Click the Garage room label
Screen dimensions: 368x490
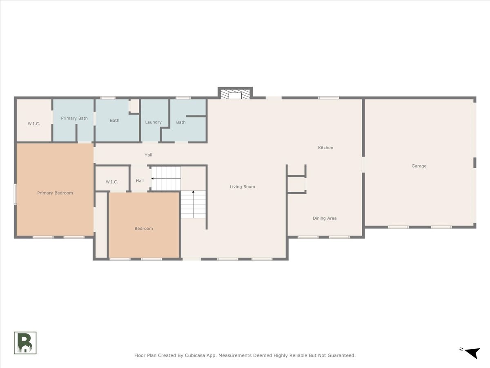[x=419, y=166]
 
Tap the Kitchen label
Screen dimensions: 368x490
[x=325, y=148]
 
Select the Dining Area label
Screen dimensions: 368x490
[x=325, y=218]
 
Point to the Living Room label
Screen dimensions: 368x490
[x=242, y=187]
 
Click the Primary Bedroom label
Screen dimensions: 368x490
[x=55, y=193]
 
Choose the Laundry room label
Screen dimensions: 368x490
[x=153, y=122]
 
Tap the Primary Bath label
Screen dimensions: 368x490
[x=74, y=118]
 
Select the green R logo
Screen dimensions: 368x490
[x=25, y=343]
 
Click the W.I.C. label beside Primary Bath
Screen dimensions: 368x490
[x=34, y=123]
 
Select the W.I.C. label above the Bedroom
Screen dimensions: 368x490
[x=112, y=182]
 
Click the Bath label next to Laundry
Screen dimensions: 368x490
[x=181, y=122]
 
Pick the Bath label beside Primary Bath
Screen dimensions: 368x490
[x=115, y=121]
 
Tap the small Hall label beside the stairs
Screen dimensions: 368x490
[x=140, y=181]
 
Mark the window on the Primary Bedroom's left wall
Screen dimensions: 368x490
[x=16, y=194]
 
